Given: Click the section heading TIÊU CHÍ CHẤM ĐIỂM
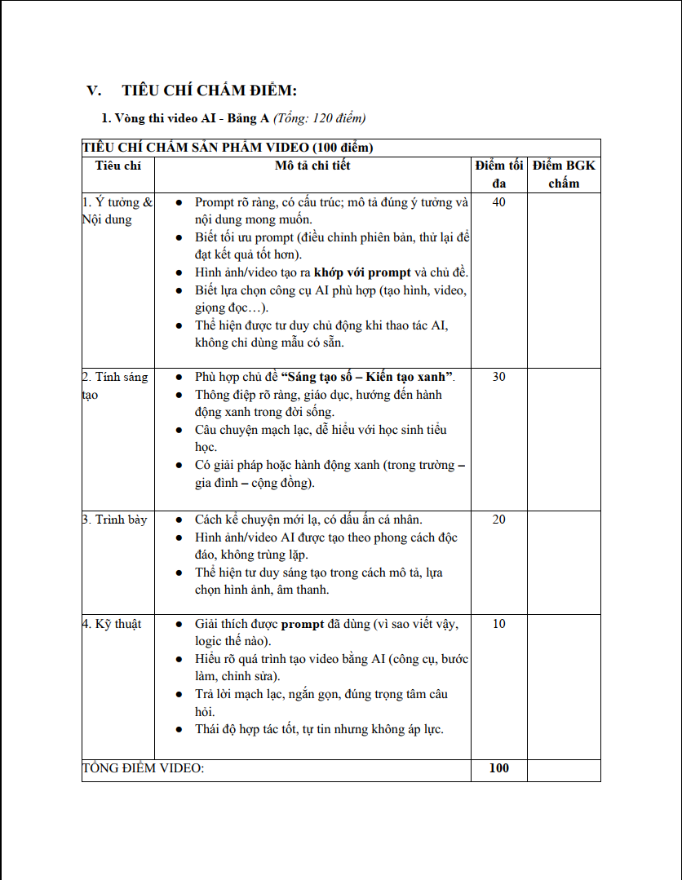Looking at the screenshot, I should coord(210,91).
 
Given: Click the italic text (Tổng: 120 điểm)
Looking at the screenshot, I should coord(319,118).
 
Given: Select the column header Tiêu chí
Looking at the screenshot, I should coord(117,166).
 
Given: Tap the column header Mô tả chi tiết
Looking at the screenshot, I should coord(312,166).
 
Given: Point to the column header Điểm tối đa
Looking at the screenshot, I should coord(499,174).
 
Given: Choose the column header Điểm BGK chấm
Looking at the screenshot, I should coord(564,174).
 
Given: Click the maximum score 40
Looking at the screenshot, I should coord(499,202).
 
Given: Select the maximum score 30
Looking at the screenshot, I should coord(499,377).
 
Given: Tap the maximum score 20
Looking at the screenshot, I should coord(499,520).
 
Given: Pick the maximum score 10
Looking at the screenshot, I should coord(499,624).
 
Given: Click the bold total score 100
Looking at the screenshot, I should coord(499,768).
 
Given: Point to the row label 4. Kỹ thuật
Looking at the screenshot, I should coord(112,624).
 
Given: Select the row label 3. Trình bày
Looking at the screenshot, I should coord(115,520).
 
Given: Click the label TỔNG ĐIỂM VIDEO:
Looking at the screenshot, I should coord(144,768).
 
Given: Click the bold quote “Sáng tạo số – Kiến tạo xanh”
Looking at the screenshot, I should coord(366,377).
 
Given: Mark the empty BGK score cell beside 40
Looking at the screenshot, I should coord(564,277).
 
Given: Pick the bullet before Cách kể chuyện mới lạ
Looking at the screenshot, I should coord(179,520).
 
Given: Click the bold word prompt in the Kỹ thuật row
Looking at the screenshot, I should coord(303,624).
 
